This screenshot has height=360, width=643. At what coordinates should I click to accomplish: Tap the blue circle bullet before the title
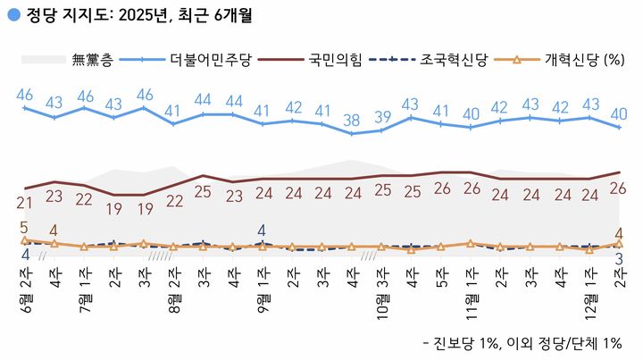click(x=12, y=15)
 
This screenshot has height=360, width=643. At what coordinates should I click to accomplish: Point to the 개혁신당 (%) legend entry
click(x=559, y=61)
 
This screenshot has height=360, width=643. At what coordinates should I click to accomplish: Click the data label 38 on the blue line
click(x=353, y=121)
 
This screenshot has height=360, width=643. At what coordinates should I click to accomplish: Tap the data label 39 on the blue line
click(x=382, y=117)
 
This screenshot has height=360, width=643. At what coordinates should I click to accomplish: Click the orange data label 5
click(x=24, y=227)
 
